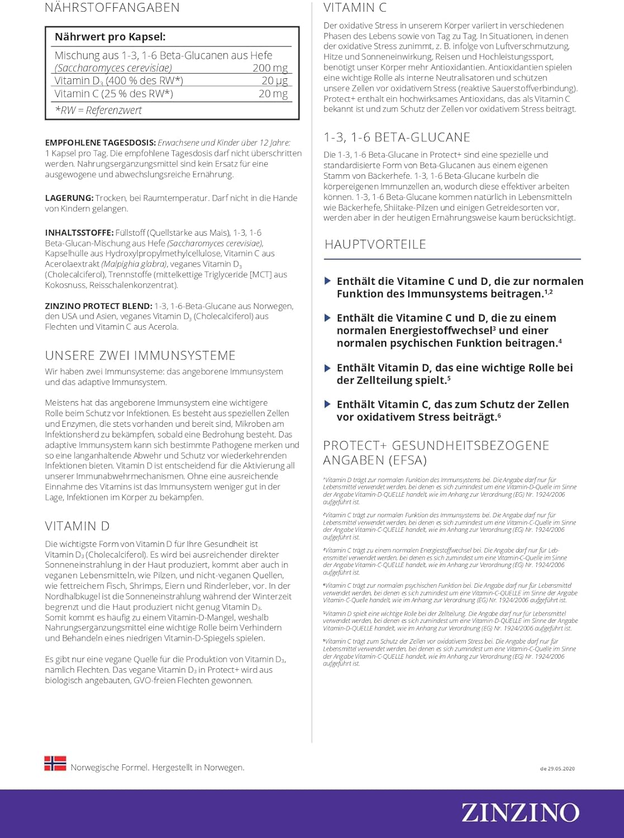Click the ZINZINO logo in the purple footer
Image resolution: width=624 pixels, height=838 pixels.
click(520, 813)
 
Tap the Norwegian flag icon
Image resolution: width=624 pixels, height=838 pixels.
click(55, 764)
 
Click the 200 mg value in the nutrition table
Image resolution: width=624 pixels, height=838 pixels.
click(270, 68)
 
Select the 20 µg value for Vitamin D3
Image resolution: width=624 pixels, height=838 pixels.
click(274, 80)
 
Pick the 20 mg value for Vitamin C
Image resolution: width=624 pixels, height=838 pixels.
click(273, 93)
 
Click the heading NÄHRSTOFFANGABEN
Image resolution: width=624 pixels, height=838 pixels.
click(112, 8)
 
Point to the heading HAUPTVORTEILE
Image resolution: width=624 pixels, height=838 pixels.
click(375, 244)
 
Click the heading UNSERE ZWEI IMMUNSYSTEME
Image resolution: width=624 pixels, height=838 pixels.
click(140, 355)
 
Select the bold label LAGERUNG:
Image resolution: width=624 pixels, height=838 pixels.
click(69, 198)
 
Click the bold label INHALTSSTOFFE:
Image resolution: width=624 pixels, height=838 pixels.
click(79, 232)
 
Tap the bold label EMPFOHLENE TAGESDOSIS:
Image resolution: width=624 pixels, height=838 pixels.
click(101, 142)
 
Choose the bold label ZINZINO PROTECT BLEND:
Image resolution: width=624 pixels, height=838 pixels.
click(98, 306)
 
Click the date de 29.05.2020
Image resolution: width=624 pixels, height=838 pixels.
click(557, 769)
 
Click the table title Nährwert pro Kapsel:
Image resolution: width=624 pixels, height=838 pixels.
click(110, 37)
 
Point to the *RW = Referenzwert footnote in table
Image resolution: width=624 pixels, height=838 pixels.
click(98, 110)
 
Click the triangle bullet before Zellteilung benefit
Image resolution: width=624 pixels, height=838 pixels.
click(328, 368)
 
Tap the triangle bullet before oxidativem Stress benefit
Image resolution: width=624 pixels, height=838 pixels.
click(328, 404)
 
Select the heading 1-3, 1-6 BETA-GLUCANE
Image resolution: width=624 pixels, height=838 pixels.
click(397, 137)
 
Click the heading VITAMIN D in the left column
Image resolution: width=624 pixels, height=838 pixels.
click(77, 526)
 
